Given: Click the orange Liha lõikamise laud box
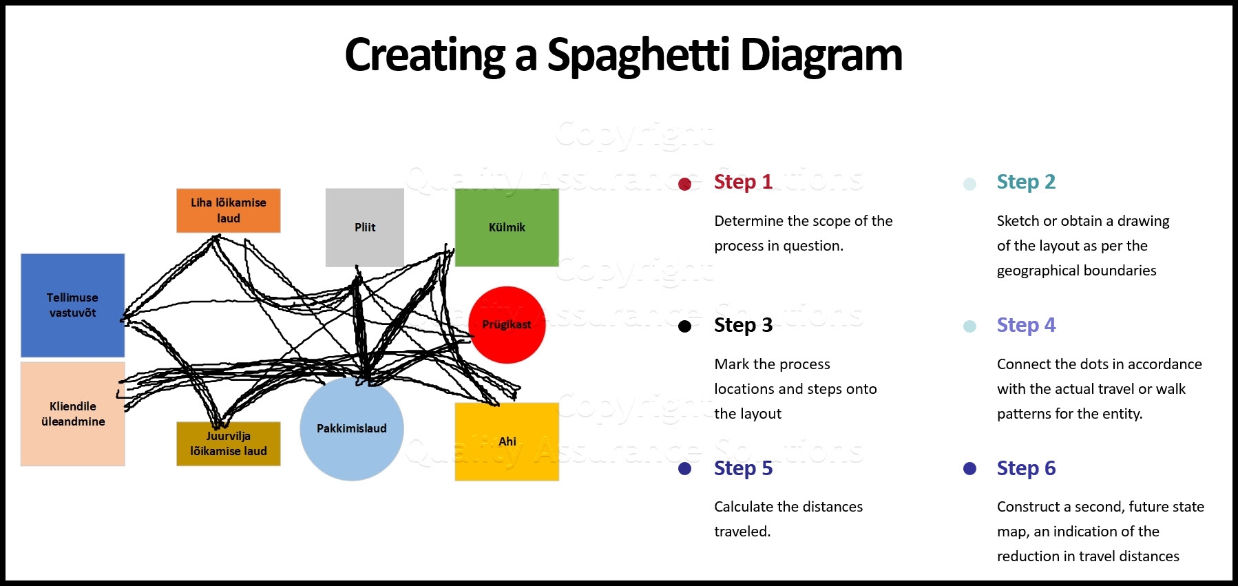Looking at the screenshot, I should pyautogui.click(x=228, y=210).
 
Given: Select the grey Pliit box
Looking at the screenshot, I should pyautogui.click(x=364, y=227).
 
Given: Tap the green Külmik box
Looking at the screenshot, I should pyautogui.click(x=507, y=227).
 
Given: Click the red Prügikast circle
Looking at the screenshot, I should pyautogui.click(x=507, y=324).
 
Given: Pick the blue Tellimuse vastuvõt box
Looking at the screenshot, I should pyautogui.click(x=72, y=305).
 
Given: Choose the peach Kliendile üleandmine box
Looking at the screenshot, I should pyautogui.click(x=72, y=414).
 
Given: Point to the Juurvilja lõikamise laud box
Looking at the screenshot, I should pyautogui.click(x=228, y=444).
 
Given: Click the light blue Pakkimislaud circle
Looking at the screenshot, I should pyautogui.click(x=351, y=428).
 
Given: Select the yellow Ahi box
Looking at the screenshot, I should pyautogui.click(x=507, y=441).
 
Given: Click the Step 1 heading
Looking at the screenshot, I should pyautogui.click(x=743, y=182).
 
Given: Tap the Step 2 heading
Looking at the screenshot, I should pyautogui.click(x=1026, y=182).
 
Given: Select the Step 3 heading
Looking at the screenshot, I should pyautogui.click(x=743, y=325).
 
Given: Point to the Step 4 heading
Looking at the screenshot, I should pyautogui.click(x=1026, y=325).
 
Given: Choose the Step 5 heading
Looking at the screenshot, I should pyautogui.click(x=743, y=468).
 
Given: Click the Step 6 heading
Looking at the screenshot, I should pyautogui.click(x=1026, y=468).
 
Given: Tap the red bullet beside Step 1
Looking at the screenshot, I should pyautogui.click(x=684, y=184).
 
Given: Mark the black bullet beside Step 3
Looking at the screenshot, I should pyautogui.click(x=684, y=326).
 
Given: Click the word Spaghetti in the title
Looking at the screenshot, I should pyautogui.click(x=638, y=55).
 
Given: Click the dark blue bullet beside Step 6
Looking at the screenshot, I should pyautogui.click(x=969, y=469).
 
